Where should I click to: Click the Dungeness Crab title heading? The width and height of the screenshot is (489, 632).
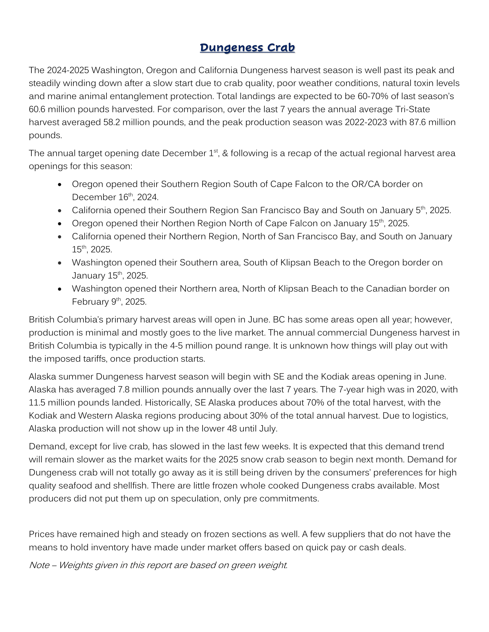[x=247, y=48]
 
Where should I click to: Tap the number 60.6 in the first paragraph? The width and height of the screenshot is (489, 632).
[x=37, y=109]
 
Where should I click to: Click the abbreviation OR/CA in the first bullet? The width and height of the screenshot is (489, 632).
[x=365, y=184]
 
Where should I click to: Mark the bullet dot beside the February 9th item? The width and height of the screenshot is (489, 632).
[x=60, y=289]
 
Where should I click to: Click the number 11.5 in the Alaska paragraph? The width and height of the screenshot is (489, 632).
[x=37, y=403]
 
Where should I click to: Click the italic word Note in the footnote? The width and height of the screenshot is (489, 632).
[x=39, y=565]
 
